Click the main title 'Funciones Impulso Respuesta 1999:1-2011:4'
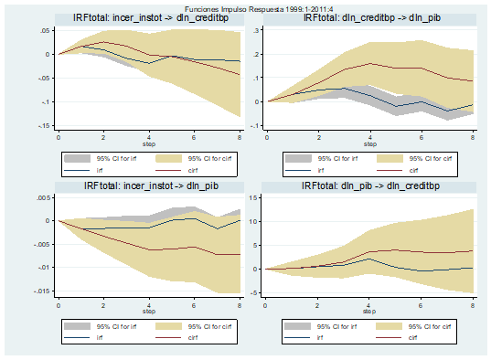pyautogui.click(x=245, y=6)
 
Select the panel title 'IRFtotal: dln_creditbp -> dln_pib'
pyautogui.click(x=369, y=18)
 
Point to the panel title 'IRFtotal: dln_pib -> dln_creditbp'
pyautogui.click(x=369, y=186)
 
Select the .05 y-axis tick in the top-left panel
pyautogui.click(x=44, y=30)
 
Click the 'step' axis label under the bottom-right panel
pyautogui.click(x=369, y=312)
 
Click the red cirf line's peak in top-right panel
pyautogui.click(x=369, y=63)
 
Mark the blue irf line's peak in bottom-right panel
pyautogui.click(x=369, y=259)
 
